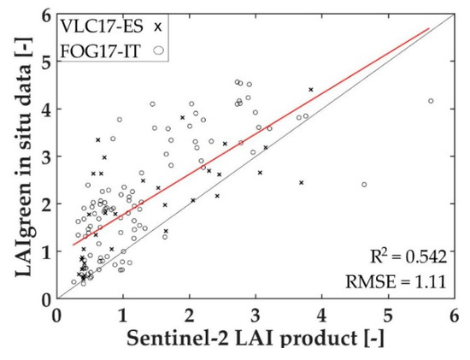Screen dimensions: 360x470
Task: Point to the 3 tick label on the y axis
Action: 45,156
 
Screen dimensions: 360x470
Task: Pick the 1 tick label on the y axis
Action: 45,251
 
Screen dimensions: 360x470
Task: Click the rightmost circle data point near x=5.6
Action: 431,101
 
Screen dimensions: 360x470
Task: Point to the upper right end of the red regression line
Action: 428,28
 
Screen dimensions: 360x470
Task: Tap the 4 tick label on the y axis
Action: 45,109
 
